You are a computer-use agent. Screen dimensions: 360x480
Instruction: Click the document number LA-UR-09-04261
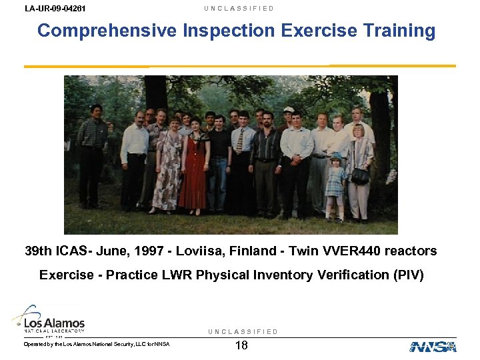(x=55, y=9)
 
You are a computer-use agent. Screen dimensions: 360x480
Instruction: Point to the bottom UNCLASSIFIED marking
(x=243, y=332)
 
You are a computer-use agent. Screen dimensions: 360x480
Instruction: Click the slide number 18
(x=242, y=345)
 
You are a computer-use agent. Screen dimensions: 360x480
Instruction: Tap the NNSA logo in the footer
(x=433, y=347)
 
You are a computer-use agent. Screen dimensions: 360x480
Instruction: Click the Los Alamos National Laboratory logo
(x=48, y=321)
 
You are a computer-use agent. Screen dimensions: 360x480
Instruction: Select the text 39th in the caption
(x=39, y=251)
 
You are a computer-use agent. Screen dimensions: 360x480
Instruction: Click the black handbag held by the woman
(x=361, y=176)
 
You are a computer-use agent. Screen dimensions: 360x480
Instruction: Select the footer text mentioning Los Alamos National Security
(x=97, y=344)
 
